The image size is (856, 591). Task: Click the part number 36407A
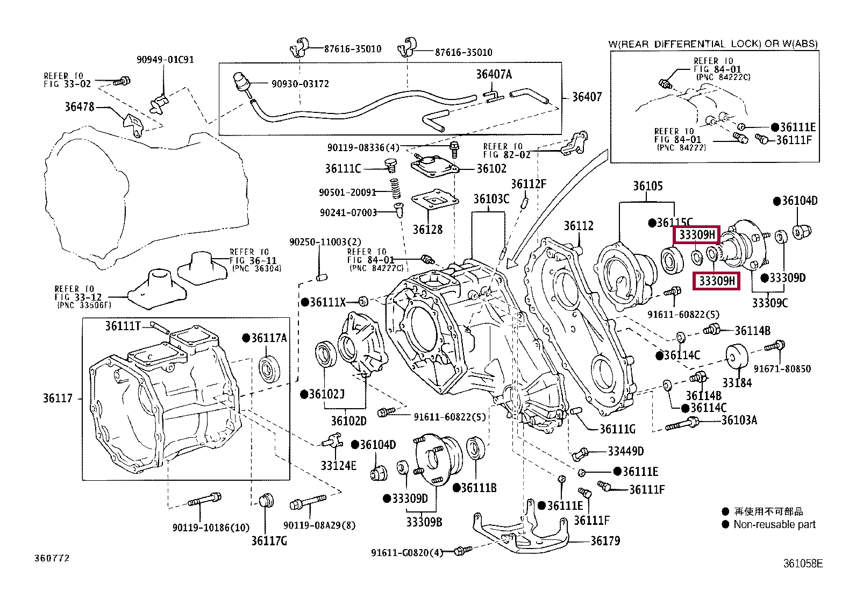[494, 74]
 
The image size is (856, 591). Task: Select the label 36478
[80, 107]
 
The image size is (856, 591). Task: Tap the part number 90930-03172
[300, 84]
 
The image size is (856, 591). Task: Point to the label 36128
[427, 230]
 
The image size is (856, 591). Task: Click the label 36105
[647, 186]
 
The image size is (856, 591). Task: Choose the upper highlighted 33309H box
[697, 235]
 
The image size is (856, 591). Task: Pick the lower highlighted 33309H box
[717, 281]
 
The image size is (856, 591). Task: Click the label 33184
[737, 383]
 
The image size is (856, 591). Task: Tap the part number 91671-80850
[782, 369]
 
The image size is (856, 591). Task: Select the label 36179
[605, 541]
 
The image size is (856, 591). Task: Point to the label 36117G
[269, 540]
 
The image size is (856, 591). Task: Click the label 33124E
[338, 466]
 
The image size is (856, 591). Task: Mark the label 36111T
[123, 326]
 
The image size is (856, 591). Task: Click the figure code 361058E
[802, 564]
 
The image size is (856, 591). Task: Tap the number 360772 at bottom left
[52, 558]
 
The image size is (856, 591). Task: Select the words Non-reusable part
[774, 524]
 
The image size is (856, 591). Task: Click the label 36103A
[739, 421]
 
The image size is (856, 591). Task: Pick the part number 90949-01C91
[165, 60]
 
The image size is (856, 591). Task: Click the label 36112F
[528, 184]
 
